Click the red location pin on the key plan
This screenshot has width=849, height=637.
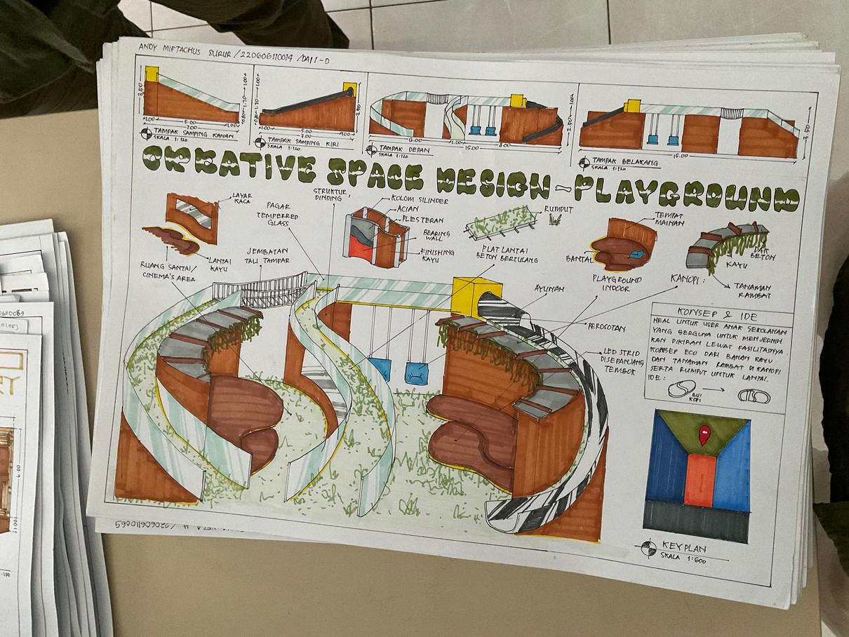pos(704,434)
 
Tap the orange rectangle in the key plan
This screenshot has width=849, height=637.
pos(700,480)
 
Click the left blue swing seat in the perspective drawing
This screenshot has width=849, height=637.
pos(380,368)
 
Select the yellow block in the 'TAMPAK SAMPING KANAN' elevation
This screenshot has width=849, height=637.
pos(152,74)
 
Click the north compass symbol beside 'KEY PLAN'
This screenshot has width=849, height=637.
pos(648,549)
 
